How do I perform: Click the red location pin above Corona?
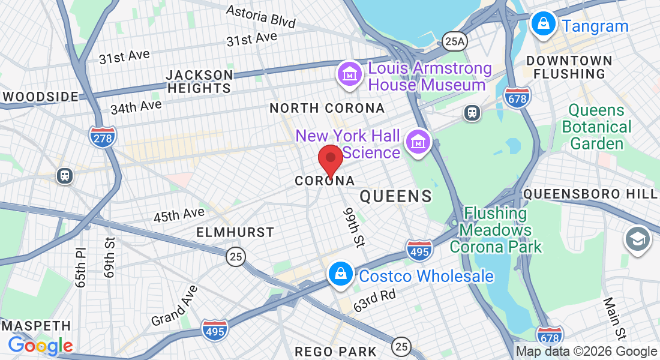pyautogui.click(x=330, y=160)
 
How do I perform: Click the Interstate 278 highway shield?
pyautogui.click(x=103, y=137)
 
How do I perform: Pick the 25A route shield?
pyautogui.click(x=454, y=41)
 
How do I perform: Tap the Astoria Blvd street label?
pyautogui.click(x=260, y=16)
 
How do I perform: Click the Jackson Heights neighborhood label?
pyautogui.click(x=199, y=82)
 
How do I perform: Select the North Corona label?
pyautogui.click(x=327, y=109)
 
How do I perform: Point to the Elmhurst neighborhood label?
pyautogui.click(x=235, y=232)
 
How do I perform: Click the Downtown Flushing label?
pyautogui.click(x=569, y=67)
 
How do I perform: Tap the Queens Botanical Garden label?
pyautogui.click(x=597, y=127)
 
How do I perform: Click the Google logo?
pyautogui.click(x=40, y=345)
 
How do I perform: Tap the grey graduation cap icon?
pyautogui.click(x=637, y=239)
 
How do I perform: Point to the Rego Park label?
pyautogui.click(x=336, y=351)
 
